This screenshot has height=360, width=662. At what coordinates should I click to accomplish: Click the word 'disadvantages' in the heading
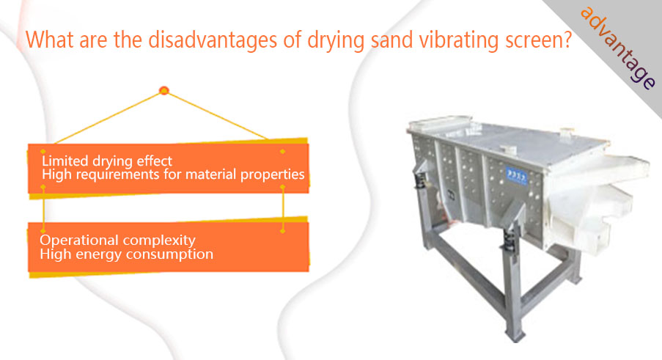pyautogui.click(x=212, y=40)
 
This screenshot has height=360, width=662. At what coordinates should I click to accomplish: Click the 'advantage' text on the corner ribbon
pyautogui.click(x=618, y=48)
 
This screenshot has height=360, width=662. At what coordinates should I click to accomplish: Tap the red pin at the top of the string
pyautogui.click(x=163, y=90)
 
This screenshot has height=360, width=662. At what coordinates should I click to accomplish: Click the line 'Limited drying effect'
pyautogui.click(x=107, y=161)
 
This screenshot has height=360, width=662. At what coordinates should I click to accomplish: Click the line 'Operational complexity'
pyautogui.click(x=117, y=240)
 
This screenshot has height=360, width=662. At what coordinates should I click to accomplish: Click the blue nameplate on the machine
pyautogui.click(x=517, y=175)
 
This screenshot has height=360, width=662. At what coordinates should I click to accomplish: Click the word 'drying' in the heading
pyautogui.click(x=336, y=41)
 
